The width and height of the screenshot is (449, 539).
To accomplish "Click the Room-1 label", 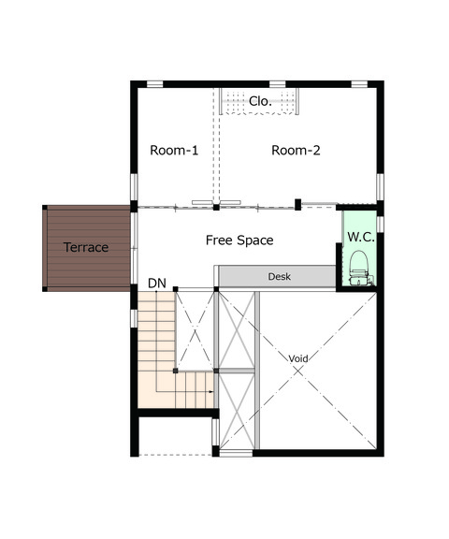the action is (x=174, y=151).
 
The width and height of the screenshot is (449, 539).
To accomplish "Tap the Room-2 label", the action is (x=296, y=151).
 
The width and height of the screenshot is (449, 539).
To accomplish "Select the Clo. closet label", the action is (x=260, y=101).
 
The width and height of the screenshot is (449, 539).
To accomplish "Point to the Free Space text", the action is (x=239, y=240).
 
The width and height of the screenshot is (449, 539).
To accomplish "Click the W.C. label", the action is (x=361, y=237).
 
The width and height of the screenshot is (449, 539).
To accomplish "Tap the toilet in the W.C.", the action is (x=359, y=269).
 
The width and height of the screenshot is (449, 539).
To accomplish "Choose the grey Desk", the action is (x=277, y=276).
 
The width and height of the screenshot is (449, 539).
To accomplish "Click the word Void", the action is (x=297, y=359).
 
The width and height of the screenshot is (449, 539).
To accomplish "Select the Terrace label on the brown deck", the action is (x=86, y=247).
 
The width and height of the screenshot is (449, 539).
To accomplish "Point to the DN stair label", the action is (x=157, y=284).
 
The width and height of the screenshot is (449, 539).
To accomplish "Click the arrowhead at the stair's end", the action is (x=211, y=391).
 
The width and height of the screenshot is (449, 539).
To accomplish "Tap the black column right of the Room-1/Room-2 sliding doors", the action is (x=297, y=205).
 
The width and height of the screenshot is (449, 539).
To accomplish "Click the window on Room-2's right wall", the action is (x=380, y=187).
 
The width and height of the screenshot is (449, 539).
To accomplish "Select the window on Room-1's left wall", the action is (x=134, y=187).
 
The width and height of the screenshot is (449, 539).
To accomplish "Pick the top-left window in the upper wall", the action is (x=155, y=84).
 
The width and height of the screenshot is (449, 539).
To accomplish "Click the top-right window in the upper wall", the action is (x=359, y=84).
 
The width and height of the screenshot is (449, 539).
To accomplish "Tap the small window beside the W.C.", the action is (x=380, y=224).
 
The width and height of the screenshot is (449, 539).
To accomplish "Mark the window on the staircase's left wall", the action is (x=134, y=318).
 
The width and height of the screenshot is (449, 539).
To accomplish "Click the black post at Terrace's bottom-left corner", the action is (x=45, y=289).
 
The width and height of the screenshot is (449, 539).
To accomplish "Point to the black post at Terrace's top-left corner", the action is (x=45, y=208).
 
